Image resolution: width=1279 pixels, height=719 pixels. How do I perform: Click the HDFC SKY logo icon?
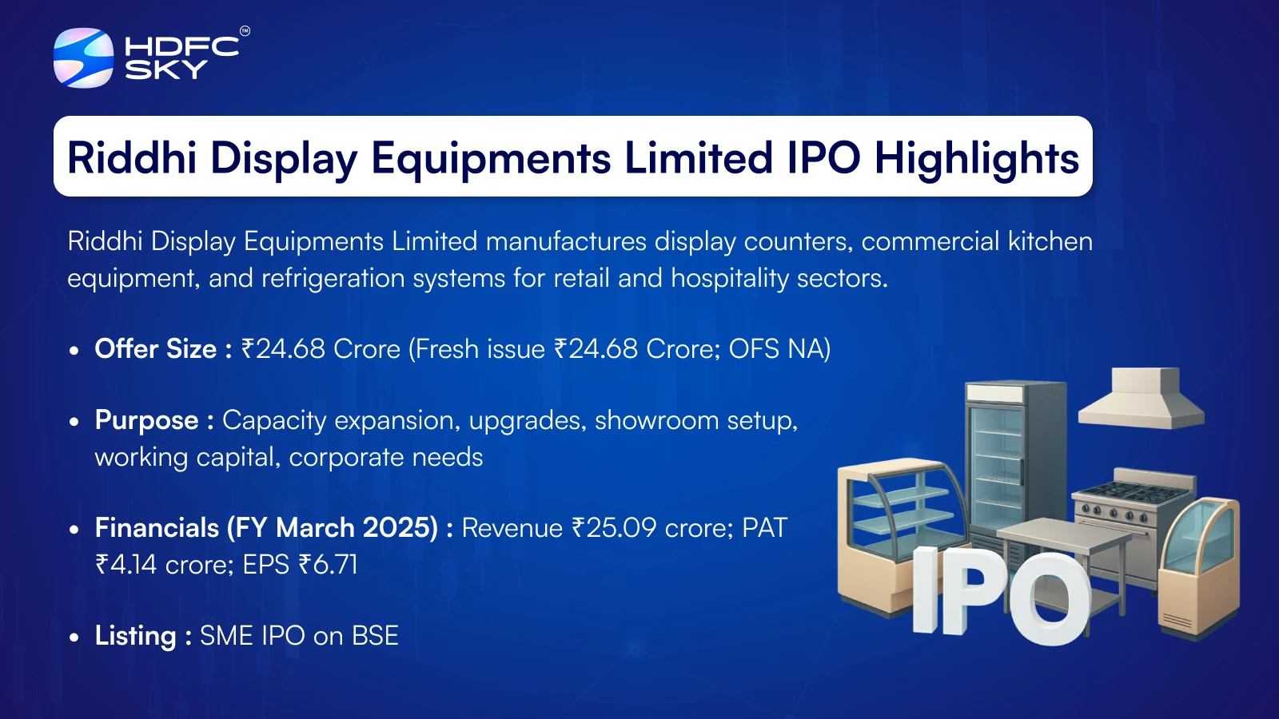[x=83, y=58]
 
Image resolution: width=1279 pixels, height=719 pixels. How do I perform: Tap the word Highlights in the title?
[x=976, y=158]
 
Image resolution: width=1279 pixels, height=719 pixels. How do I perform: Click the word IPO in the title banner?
[x=823, y=157]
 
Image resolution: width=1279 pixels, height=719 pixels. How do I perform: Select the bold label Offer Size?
[x=155, y=348]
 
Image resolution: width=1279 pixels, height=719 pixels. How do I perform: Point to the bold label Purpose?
[x=147, y=421]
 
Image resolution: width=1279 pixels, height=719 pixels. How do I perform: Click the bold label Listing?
[x=135, y=636]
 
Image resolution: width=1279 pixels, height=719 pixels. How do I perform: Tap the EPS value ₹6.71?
[x=328, y=565]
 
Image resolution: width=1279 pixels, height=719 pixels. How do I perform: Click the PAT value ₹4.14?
[x=126, y=565]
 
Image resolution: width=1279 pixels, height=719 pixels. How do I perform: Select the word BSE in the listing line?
[x=375, y=636]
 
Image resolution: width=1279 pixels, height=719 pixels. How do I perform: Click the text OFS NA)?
[x=779, y=349]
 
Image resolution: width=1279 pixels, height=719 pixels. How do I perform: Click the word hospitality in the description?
[x=729, y=279]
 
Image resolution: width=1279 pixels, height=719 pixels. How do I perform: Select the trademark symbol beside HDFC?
[x=245, y=31]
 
